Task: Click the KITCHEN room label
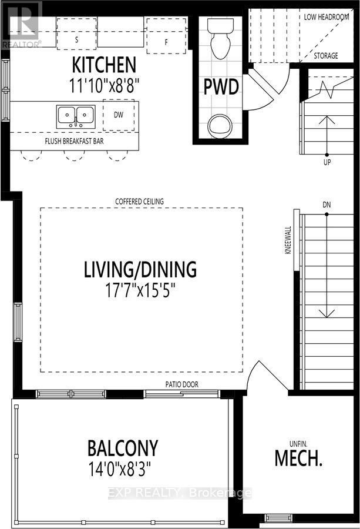point(104,65)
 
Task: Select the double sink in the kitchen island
point(76,116)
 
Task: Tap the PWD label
point(221,88)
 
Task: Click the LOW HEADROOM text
point(327,16)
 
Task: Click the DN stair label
point(327,204)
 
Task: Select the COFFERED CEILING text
point(140,202)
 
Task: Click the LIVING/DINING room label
point(140,270)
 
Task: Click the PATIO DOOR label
point(181,384)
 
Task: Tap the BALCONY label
point(123,448)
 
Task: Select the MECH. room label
point(298,458)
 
